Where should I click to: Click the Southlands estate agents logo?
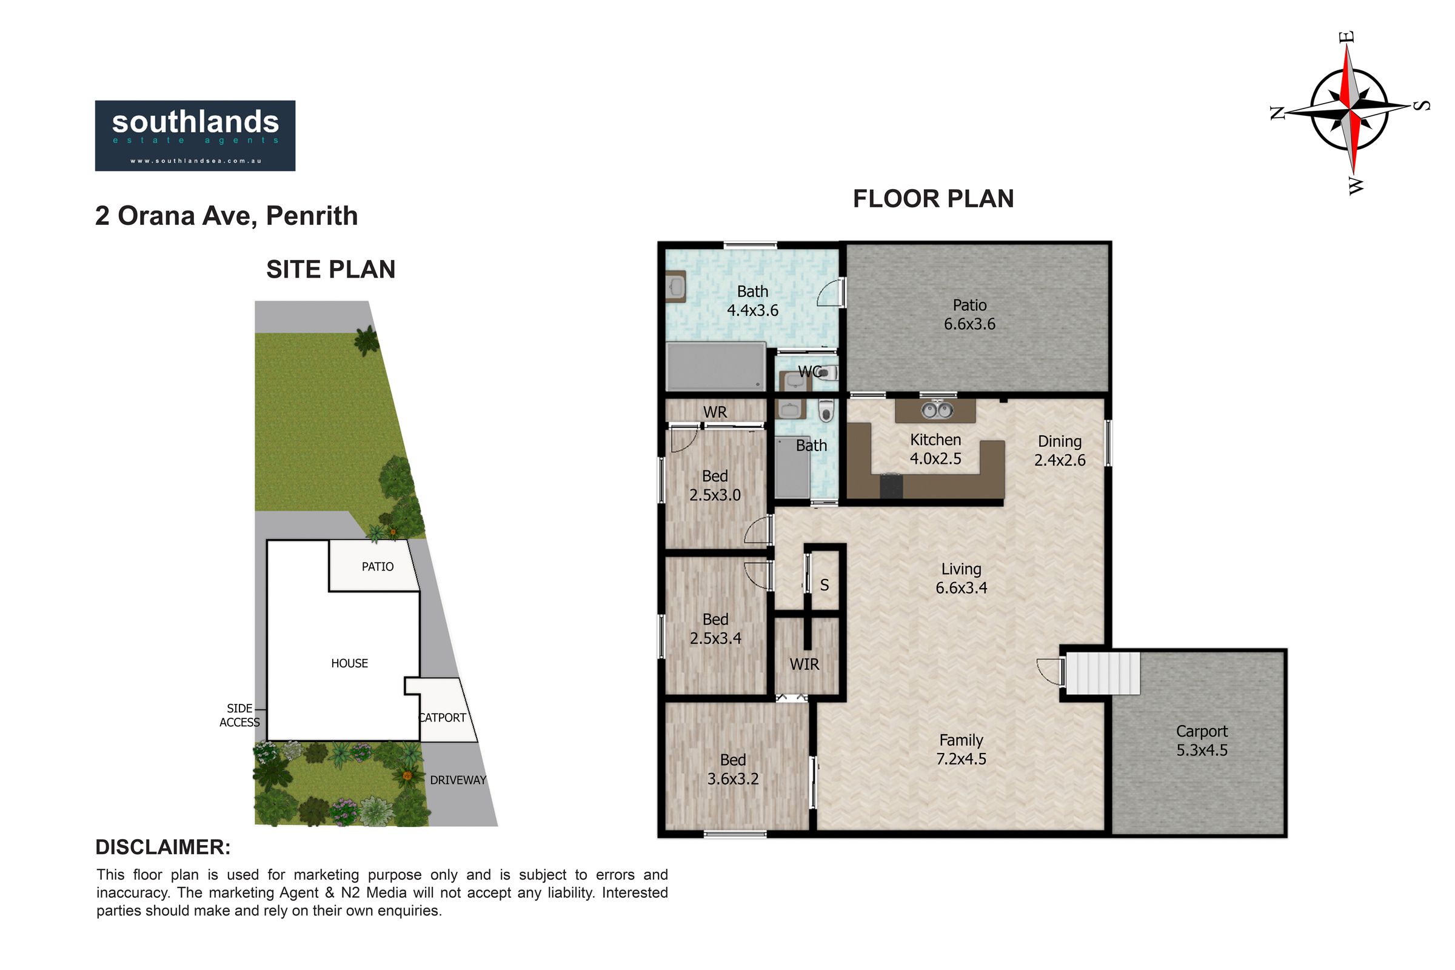coord(195,135)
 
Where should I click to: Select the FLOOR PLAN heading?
coord(933,199)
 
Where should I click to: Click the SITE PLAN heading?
coord(330,269)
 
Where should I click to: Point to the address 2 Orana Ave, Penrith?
coord(226,216)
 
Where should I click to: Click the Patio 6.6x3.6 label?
coord(969,314)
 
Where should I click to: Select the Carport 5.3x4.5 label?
coord(1202,740)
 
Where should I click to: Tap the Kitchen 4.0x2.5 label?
coord(935,449)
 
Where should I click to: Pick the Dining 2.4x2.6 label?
coord(1060,450)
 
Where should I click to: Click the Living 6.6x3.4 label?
coord(962,578)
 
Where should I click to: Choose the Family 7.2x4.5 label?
coord(962,749)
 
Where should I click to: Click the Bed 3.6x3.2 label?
coord(733,769)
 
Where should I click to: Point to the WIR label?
coord(804,664)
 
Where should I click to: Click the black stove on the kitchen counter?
coord(891,485)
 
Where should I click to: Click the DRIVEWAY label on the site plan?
coord(458,780)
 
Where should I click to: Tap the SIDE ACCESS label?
coord(239,715)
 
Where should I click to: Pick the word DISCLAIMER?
coord(162,848)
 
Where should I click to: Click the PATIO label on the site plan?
coord(377,567)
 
